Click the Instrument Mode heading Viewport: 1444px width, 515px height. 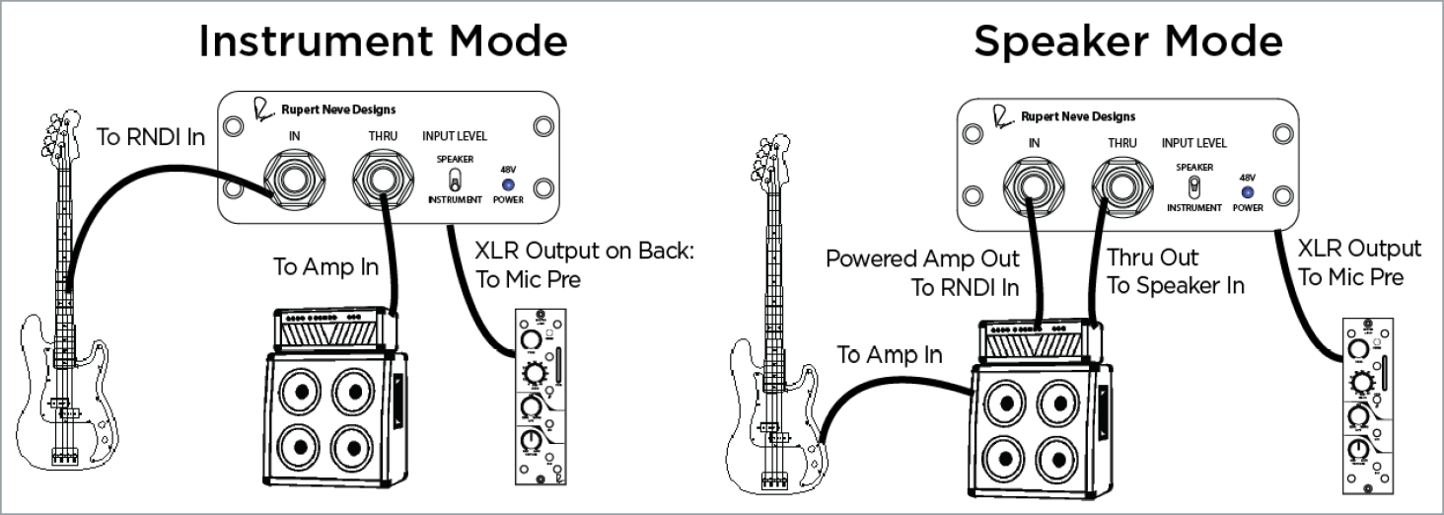point(384,42)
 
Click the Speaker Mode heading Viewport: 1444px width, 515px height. point(1128,42)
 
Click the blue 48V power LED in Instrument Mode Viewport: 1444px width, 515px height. point(508,183)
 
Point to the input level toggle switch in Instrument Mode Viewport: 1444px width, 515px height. point(455,179)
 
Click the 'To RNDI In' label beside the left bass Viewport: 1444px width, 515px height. point(152,137)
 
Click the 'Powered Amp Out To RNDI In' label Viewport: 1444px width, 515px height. point(923,272)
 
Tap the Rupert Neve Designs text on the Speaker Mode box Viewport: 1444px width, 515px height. point(1078,116)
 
